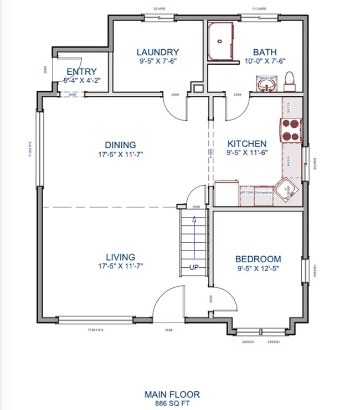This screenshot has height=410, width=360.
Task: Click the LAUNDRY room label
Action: pos(158,53)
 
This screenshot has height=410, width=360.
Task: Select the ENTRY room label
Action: pos(81,72)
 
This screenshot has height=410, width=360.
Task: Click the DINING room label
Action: pos(121,146)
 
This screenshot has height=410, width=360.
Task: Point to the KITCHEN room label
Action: pos(246,143)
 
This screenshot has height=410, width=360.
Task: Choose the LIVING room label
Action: pos(121,257)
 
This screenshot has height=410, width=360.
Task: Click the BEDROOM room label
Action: pos(258,259)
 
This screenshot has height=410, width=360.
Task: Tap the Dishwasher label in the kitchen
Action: pos(263,193)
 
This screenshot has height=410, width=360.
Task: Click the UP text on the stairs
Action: pos(194,267)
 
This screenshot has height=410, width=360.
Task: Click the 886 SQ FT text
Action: pos(172,404)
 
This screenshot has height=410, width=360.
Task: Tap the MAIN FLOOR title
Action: pos(172,395)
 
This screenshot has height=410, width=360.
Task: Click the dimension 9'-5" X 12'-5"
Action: pos(258,268)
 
